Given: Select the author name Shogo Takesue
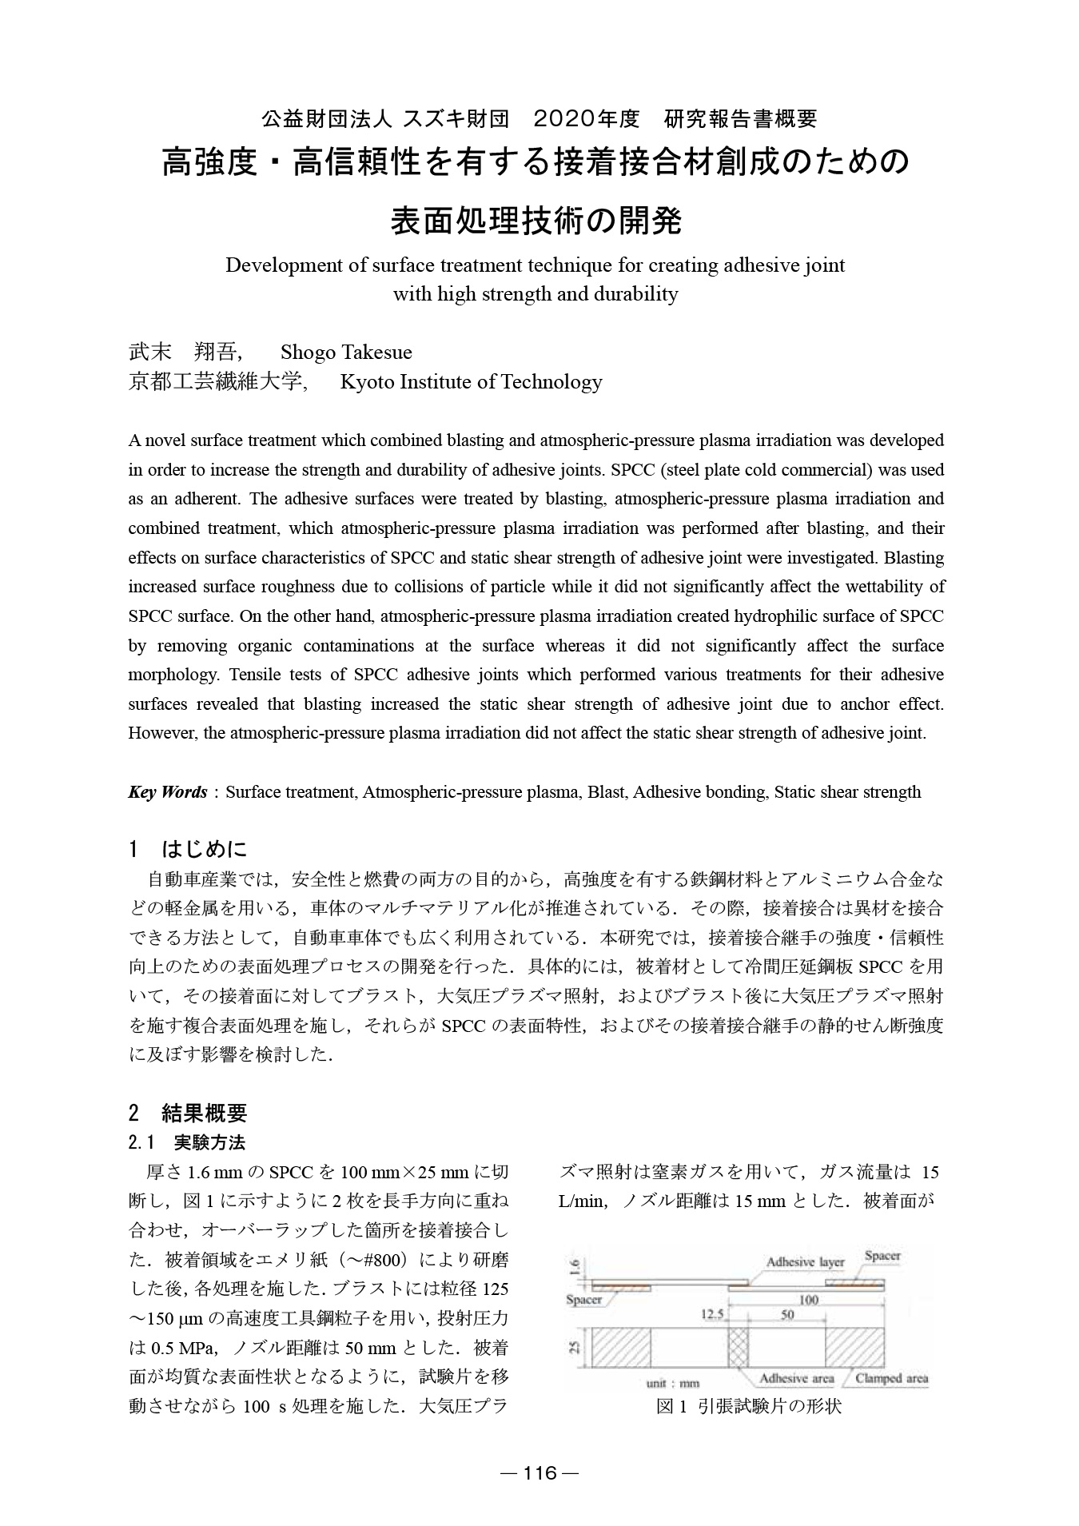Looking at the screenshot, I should pyautogui.click(x=346, y=353).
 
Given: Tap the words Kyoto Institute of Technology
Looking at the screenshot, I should pyautogui.click(x=471, y=382).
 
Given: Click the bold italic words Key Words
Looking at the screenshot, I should pyautogui.click(x=167, y=792).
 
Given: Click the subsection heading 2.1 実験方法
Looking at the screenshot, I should pyautogui.click(x=187, y=1143).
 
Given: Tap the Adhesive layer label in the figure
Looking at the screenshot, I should pyautogui.click(x=805, y=1262).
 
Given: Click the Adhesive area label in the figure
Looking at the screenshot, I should pyautogui.click(x=796, y=1378).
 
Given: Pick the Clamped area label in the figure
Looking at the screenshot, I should pyautogui.click(x=891, y=1378).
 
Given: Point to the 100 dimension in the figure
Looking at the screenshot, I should pyautogui.click(x=808, y=1300).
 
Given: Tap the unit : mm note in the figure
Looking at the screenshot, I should pyautogui.click(x=672, y=1382).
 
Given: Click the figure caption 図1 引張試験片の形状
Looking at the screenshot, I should pyautogui.click(x=748, y=1406).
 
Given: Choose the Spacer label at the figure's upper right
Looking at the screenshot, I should pyautogui.click(x=882, y=1256).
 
